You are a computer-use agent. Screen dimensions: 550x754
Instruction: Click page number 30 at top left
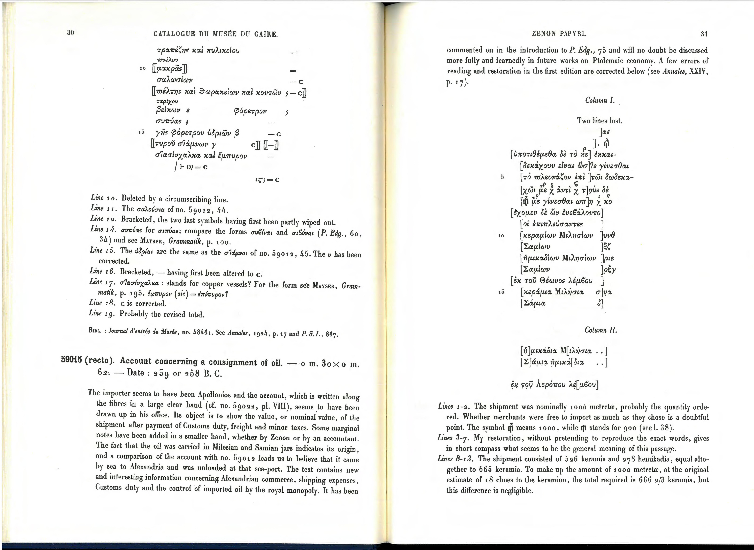point(70,32)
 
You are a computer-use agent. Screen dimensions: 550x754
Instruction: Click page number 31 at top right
point(704,34)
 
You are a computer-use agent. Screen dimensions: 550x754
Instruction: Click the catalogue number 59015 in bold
point(71,360)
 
